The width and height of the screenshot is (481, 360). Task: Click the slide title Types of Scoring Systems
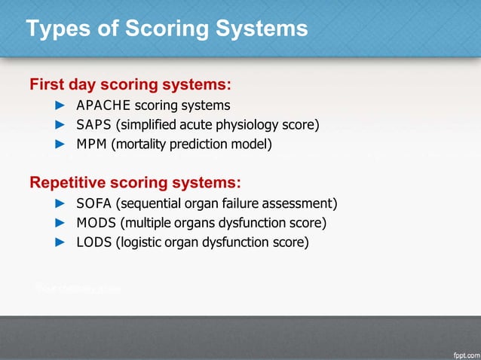[x=167, y=29]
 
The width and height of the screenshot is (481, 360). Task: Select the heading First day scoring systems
[x=130, y=83]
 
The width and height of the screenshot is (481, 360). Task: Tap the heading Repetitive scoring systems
[x=135, y=182]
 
